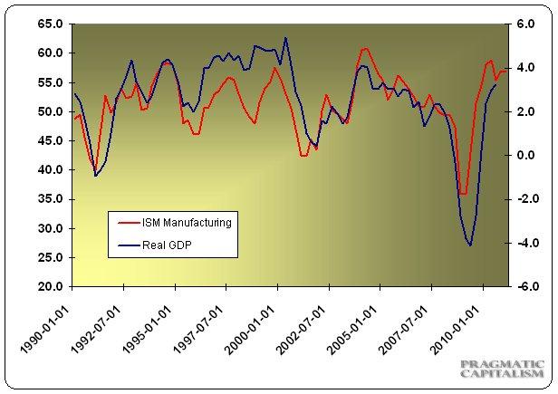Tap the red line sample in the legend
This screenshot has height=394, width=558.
click(x=120, y=222)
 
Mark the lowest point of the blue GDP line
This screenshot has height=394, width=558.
click(x=469, y=245)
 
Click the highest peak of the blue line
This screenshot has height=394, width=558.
click(x=286, y=38)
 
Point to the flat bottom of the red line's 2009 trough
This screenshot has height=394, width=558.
click(x=463, y=194)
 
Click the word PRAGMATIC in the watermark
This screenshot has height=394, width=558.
click(x=502, y=365)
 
